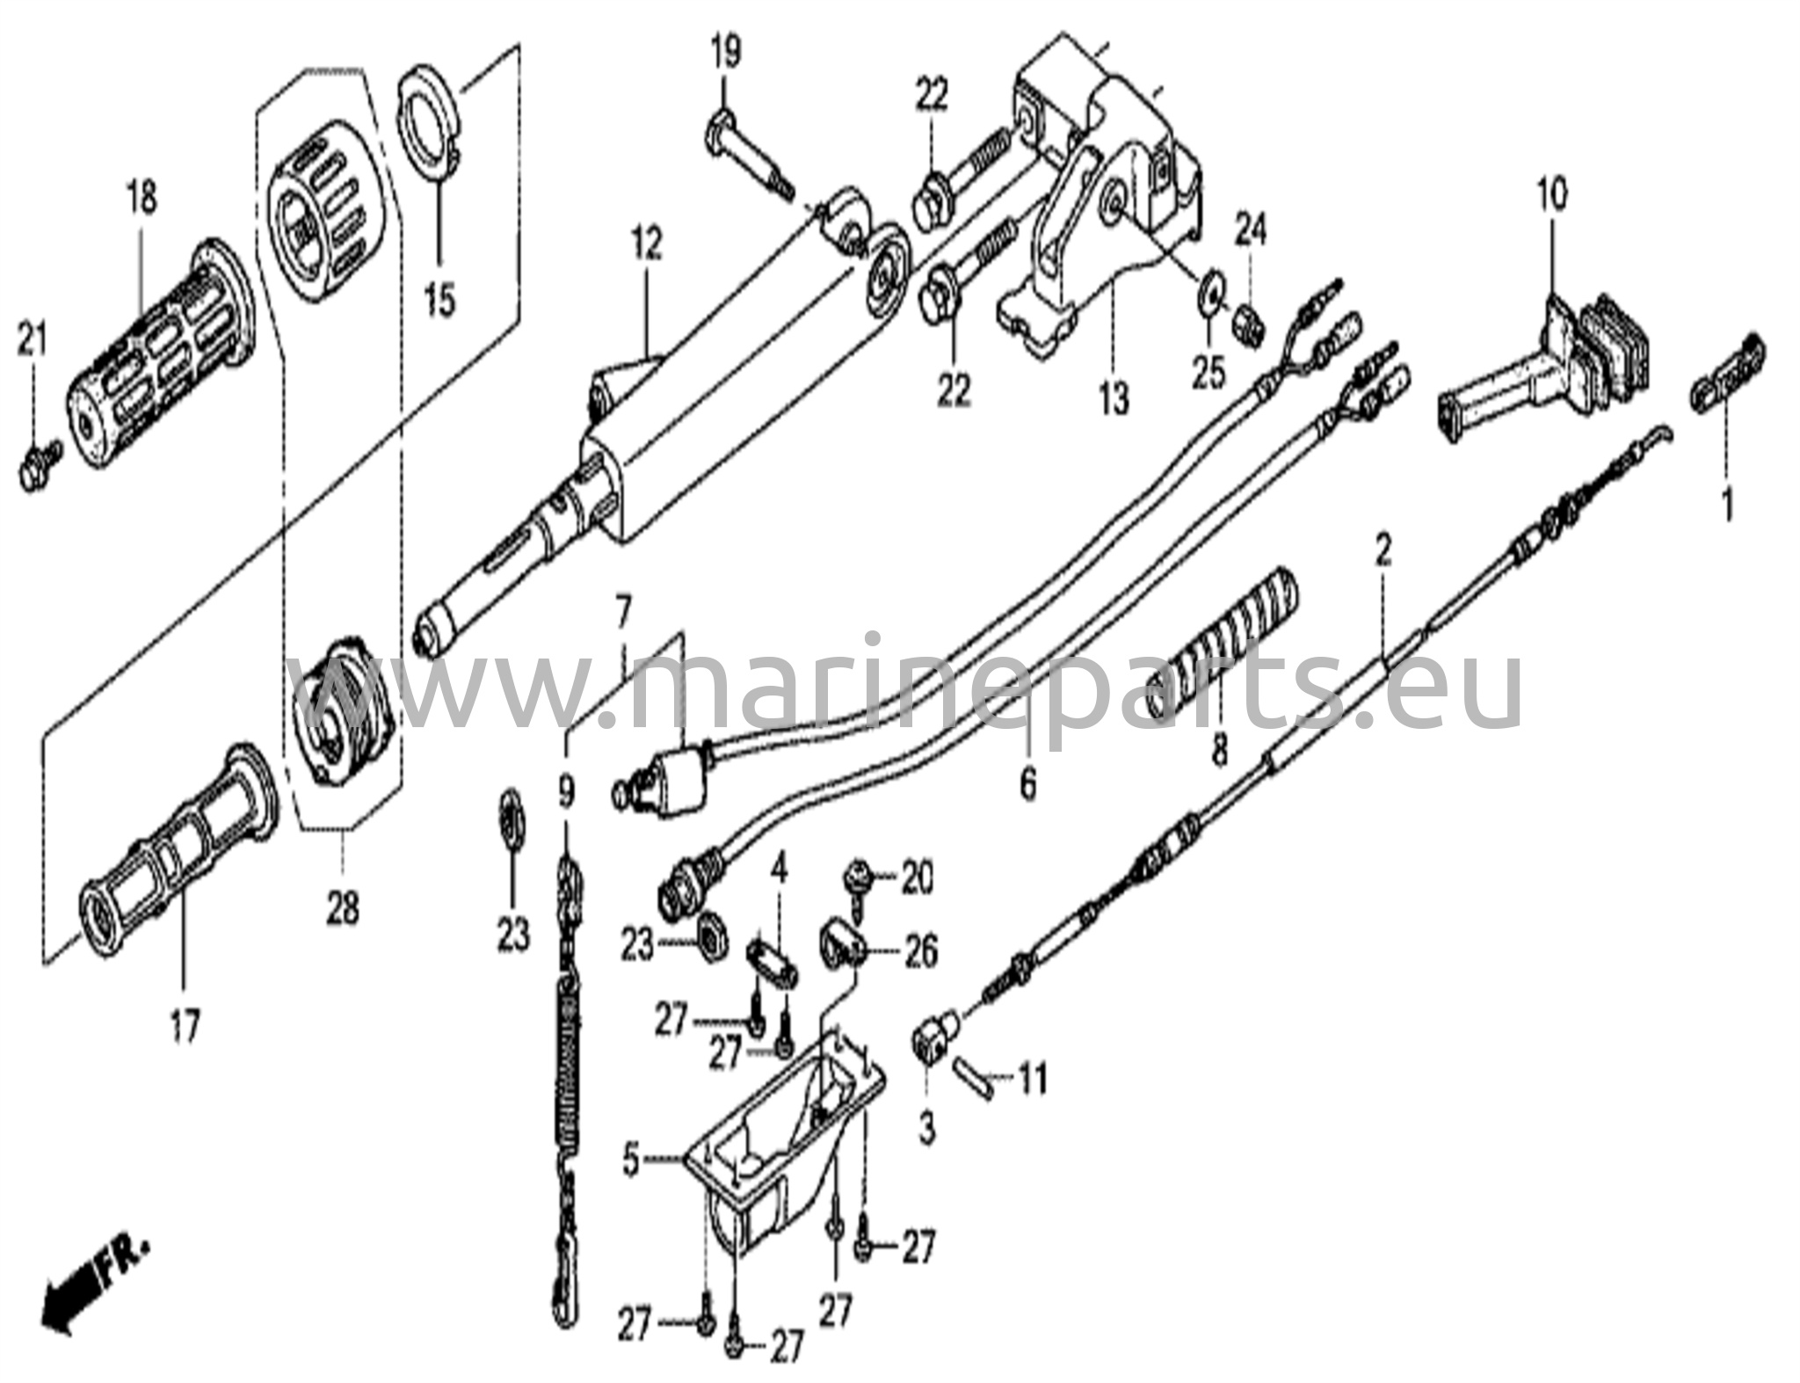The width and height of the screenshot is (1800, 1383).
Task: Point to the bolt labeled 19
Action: pos(747,159)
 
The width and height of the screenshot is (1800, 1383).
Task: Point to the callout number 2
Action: pos(1383,551)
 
